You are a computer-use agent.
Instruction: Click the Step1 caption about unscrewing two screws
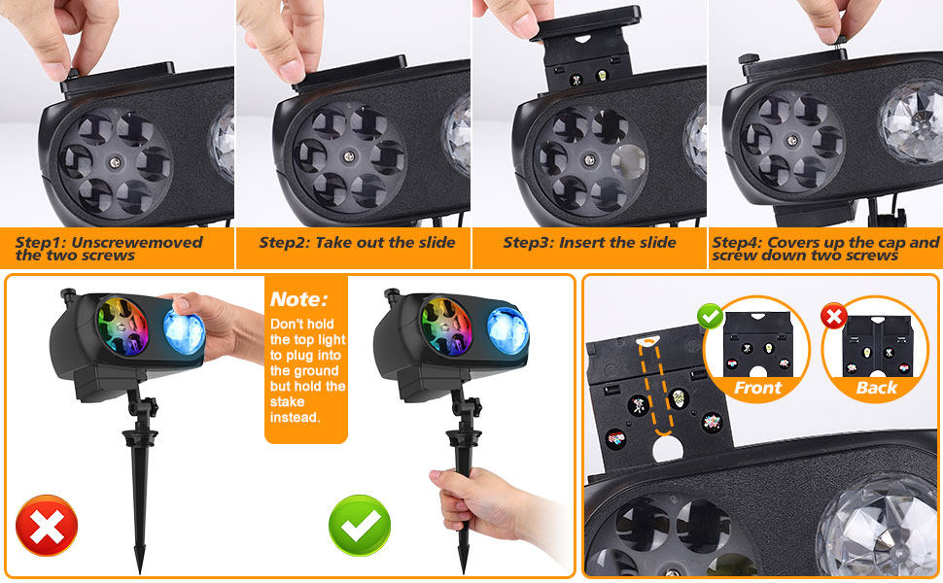[109, 249]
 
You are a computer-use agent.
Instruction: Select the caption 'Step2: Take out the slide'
[357, 243]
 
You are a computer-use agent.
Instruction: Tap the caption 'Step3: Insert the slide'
[589, 243]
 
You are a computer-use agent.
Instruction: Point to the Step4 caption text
[825, 249]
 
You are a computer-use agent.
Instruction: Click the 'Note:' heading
[298, 299]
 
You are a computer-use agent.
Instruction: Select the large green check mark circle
[360, 526]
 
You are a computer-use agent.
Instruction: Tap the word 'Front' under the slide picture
[757, 388]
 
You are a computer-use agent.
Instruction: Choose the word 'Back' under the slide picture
[877, 388]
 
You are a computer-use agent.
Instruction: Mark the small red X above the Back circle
[833, 316]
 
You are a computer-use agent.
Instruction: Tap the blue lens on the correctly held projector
[507, 327]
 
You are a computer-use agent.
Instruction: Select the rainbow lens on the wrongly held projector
[124, 326]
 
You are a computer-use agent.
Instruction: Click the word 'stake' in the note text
[287, 401]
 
